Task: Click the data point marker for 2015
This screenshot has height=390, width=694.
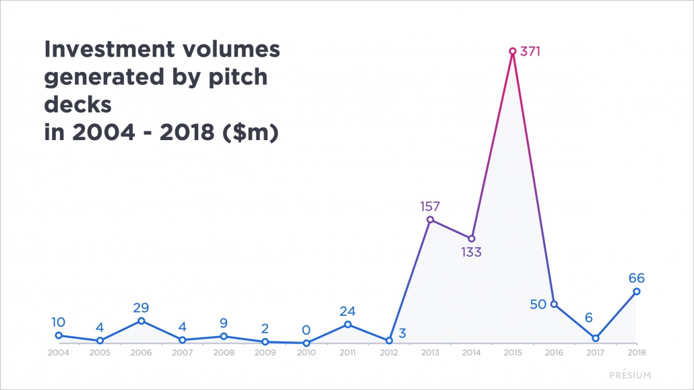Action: click(513, 51)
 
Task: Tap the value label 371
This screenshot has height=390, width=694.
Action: click(531, 51)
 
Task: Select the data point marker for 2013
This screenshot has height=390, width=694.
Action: click(431, 220)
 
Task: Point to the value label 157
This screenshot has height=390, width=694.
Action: click(431, 205)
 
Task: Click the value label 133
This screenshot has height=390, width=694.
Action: click(472, 253)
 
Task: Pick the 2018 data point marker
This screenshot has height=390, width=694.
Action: click(637, 292)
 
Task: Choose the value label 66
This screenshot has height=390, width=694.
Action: click(637, 277)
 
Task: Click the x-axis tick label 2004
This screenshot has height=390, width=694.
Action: click(58, 352)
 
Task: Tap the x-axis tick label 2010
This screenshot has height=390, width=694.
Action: click(306, 352)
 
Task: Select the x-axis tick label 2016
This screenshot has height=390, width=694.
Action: click(554, 352)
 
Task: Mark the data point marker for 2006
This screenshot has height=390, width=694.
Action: click(141, 321)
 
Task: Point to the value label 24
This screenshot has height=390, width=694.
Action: click(348, 311)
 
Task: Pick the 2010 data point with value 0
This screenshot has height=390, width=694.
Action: click(306, 343)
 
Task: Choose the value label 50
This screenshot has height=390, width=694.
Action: click(538, 304)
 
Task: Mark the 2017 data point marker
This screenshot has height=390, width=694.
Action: click(596, 338)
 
